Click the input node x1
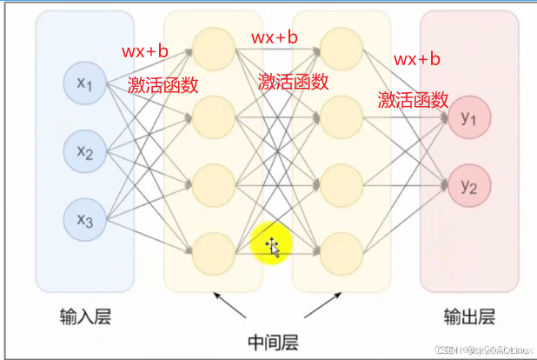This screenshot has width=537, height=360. tap(84, 83)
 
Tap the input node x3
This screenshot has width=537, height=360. tap(84, 220)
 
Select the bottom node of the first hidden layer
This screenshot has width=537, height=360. tap(213, 253)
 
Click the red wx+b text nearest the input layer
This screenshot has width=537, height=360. tap(146, 51)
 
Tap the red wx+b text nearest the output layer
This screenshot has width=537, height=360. tap(417, 59)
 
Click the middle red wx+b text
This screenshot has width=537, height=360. tap(275, 37)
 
